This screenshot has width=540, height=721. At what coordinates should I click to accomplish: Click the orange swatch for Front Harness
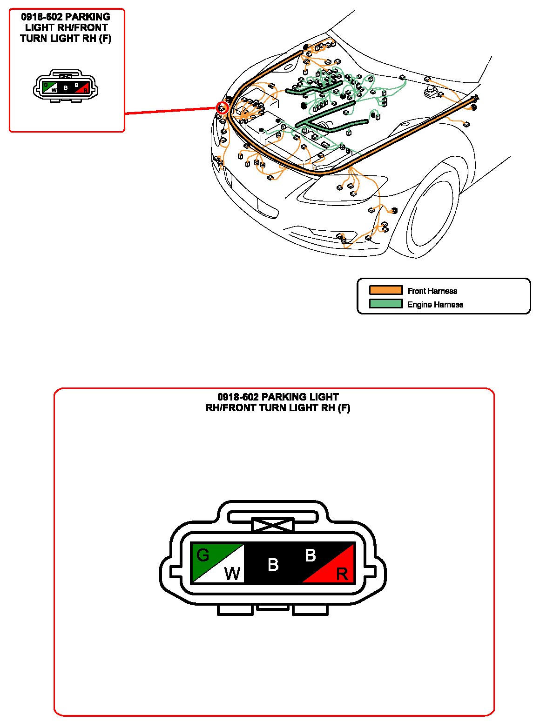385,290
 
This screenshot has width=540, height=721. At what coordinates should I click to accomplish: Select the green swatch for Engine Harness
385,304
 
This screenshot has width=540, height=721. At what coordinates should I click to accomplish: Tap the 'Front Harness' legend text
432,291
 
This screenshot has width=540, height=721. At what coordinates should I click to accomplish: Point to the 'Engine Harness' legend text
435,305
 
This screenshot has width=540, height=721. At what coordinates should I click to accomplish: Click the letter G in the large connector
203,555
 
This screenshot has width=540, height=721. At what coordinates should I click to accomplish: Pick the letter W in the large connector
232,574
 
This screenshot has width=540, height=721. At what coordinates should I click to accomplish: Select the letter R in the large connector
342,574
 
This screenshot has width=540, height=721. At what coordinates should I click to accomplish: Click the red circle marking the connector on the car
223,109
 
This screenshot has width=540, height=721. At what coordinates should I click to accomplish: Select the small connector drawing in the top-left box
66,86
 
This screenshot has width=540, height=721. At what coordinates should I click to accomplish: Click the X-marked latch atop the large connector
273,525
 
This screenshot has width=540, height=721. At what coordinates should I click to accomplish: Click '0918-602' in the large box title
237,397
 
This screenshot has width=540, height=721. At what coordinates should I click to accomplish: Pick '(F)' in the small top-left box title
105,39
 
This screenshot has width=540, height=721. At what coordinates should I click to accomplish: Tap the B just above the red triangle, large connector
310,555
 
